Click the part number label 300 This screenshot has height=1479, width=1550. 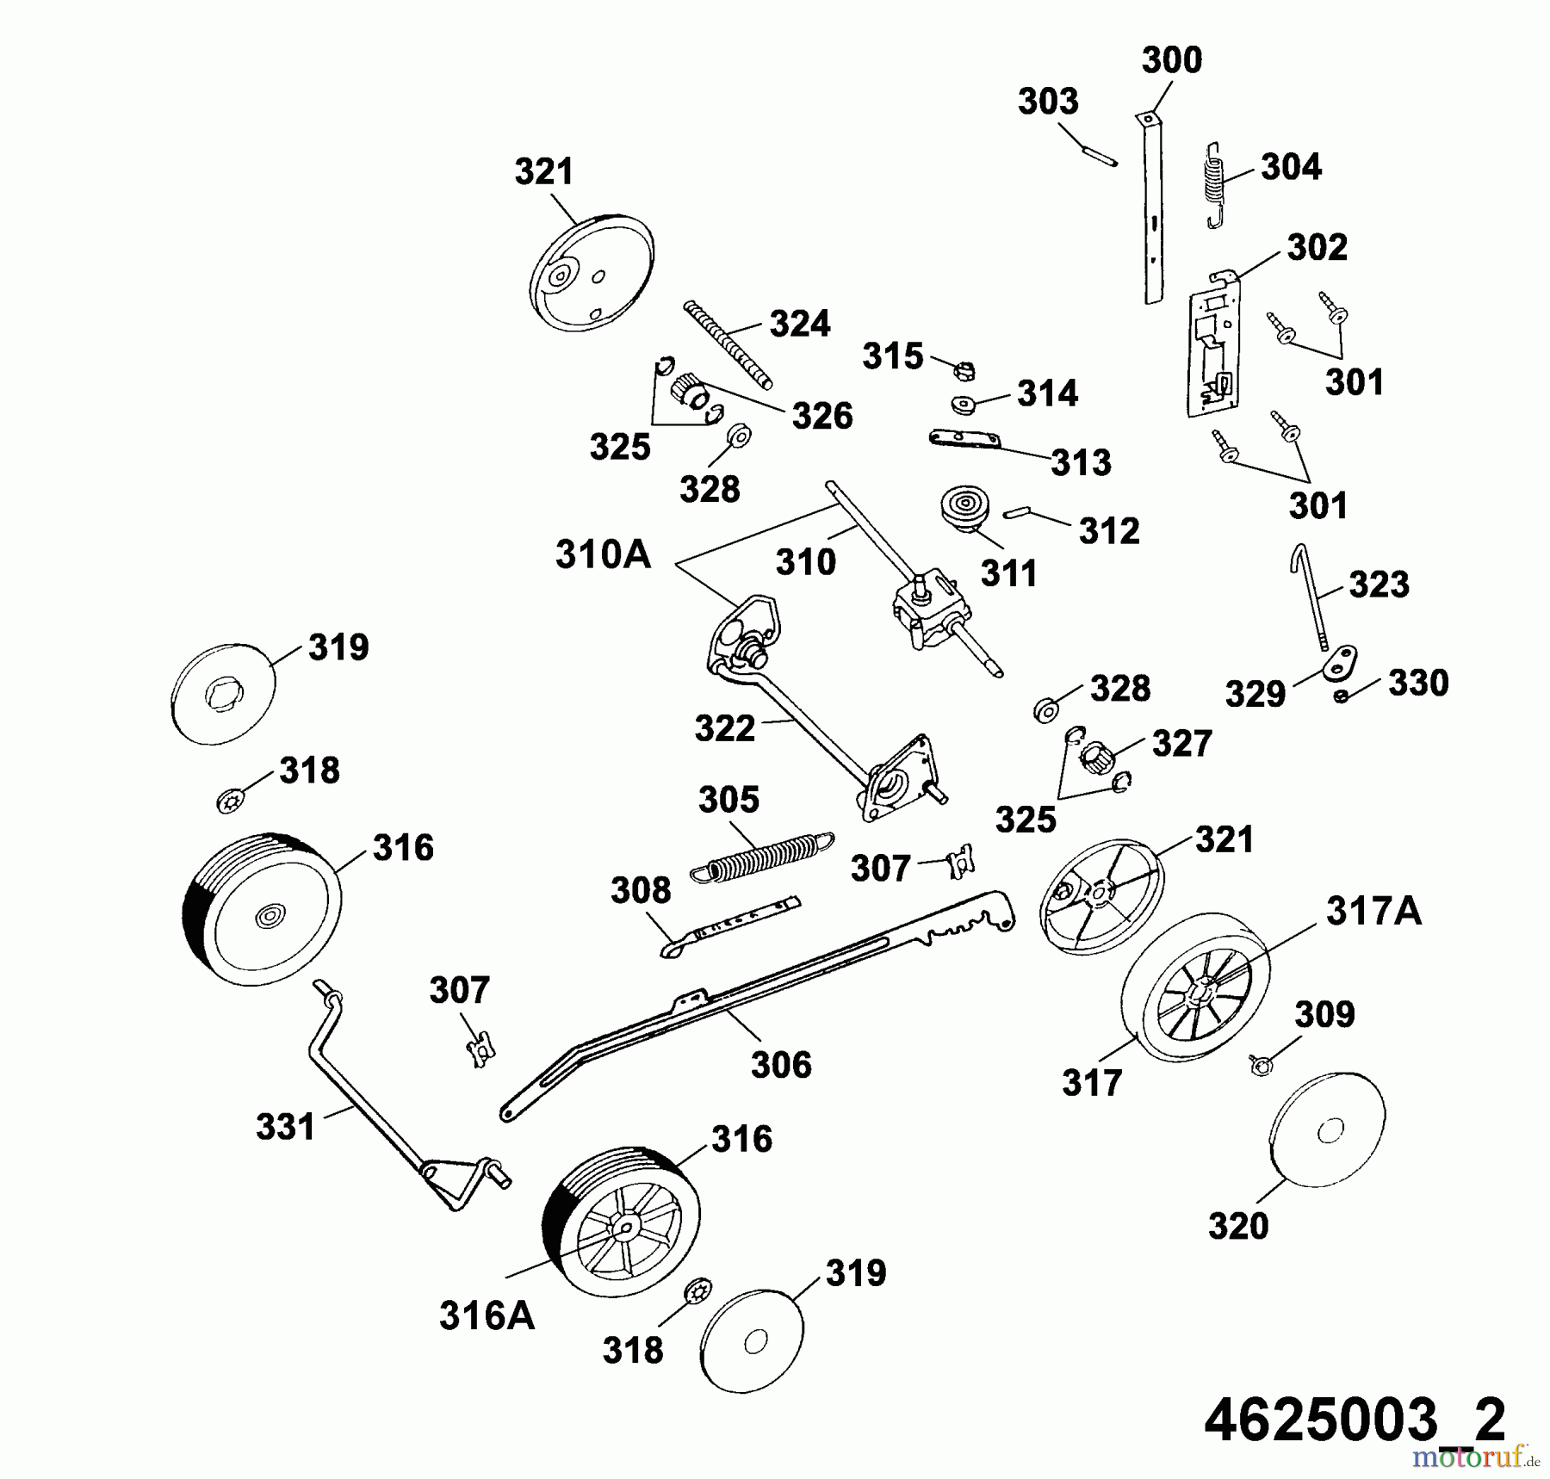tap(1171, 61)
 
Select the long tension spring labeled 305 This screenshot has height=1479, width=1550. tap(763, 856)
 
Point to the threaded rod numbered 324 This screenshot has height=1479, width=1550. tap(728, 345)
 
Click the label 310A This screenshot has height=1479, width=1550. tap(603, 555)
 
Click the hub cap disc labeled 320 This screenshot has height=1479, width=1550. tap(1327, 1129)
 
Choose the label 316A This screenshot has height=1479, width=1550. tap(487, 1316)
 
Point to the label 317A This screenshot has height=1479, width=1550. tap(1373, 911)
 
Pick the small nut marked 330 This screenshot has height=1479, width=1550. tap(1341, 696)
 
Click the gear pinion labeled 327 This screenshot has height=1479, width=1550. tap(1098, 758)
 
